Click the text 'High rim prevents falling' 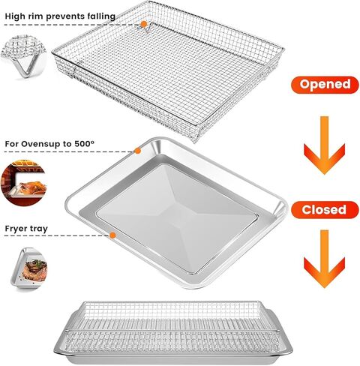point(61,16)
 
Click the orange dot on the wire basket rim point(143,25)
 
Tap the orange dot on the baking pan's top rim point(137,150)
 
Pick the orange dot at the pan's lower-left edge point(112,235)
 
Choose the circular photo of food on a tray point(23,268)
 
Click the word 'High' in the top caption point(16,16)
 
